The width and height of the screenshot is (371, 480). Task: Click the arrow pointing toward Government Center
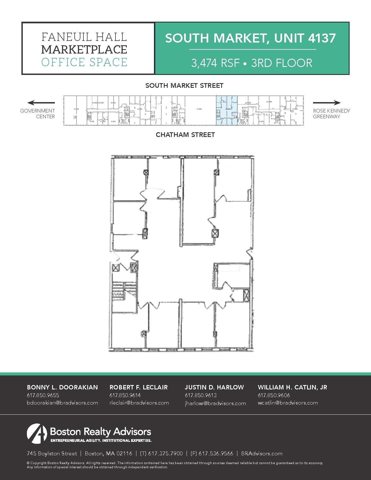click(41, 103)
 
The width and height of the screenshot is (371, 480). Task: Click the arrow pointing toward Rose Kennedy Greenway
click(327, 103)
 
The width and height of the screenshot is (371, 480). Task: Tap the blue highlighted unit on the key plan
click(227, 110)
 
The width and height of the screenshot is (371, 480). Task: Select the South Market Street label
click(184, 86)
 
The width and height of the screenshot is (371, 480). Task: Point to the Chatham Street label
click(185, 135)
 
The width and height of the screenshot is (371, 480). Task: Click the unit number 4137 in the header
click(322, 38)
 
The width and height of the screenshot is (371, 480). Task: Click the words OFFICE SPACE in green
click(84, 62)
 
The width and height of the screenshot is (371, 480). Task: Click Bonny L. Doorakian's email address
click(62, 403)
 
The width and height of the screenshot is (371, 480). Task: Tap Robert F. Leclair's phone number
click(125, 395)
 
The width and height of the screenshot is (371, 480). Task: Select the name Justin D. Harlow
click(214, 387)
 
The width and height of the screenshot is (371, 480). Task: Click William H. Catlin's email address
click(288, 403)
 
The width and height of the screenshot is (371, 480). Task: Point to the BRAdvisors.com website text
click(262, 453)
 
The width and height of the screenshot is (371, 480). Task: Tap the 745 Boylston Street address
click(52, 453)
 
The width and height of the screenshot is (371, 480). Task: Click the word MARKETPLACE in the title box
click(84, 49)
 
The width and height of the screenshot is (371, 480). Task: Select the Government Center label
click(38, 113)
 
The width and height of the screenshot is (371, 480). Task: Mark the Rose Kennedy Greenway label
click(331, 113)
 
